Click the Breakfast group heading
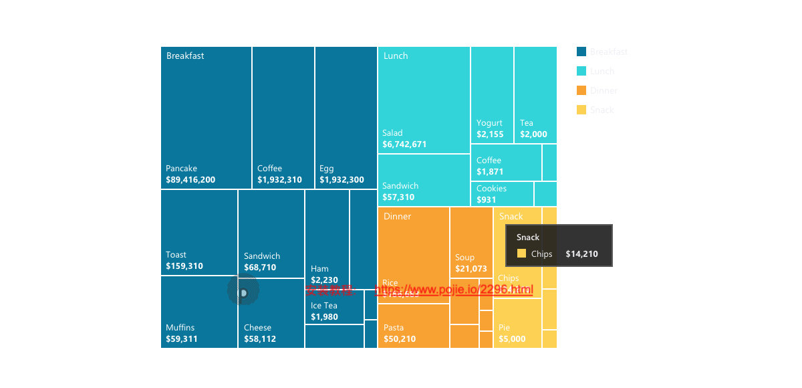pos(185,56)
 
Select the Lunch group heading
pos(396,56)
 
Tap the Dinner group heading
pos(398,217)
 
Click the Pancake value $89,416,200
pos(190,180)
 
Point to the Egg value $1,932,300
pos(342,180)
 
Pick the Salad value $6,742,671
pos(404,144)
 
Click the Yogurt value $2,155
pos(490,134)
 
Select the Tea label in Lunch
pos(527,123)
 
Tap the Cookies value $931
pos(487,200)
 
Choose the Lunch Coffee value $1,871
pos(490,172)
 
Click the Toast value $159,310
pos(184,266)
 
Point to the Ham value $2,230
pos(324,280)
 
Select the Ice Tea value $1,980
pos(324,317)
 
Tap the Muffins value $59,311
pos(182,339)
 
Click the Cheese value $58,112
pos(260,339)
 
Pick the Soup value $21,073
pos(471,269)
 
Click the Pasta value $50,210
pos(400,339)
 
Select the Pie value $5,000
pos(512,339)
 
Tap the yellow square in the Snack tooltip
pos(521,254)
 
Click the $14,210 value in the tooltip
pos(581,254)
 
